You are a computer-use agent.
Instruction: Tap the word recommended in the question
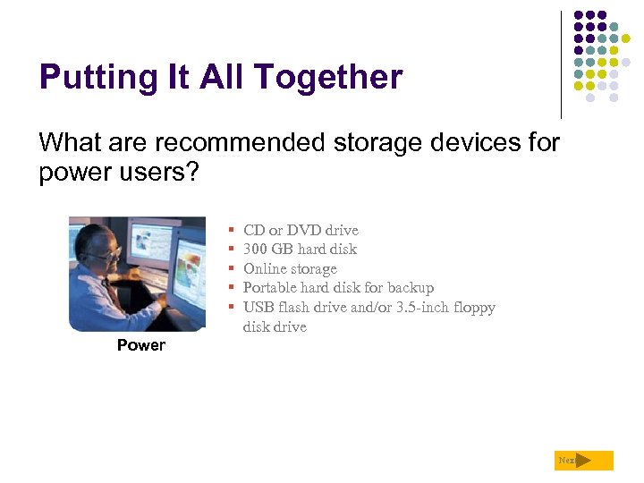227,142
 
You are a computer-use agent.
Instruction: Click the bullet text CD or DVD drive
301,230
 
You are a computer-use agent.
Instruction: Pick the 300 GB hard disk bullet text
300,250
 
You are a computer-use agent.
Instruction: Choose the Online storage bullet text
290,268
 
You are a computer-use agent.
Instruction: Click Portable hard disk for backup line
338,288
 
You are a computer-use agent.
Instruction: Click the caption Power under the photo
141,345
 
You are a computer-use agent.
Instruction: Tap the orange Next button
583,461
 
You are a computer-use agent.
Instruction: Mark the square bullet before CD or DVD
232,231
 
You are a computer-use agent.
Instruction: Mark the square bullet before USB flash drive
232,308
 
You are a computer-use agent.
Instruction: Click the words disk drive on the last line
275,327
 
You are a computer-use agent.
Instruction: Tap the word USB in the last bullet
258,308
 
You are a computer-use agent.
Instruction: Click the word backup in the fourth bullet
411,288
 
